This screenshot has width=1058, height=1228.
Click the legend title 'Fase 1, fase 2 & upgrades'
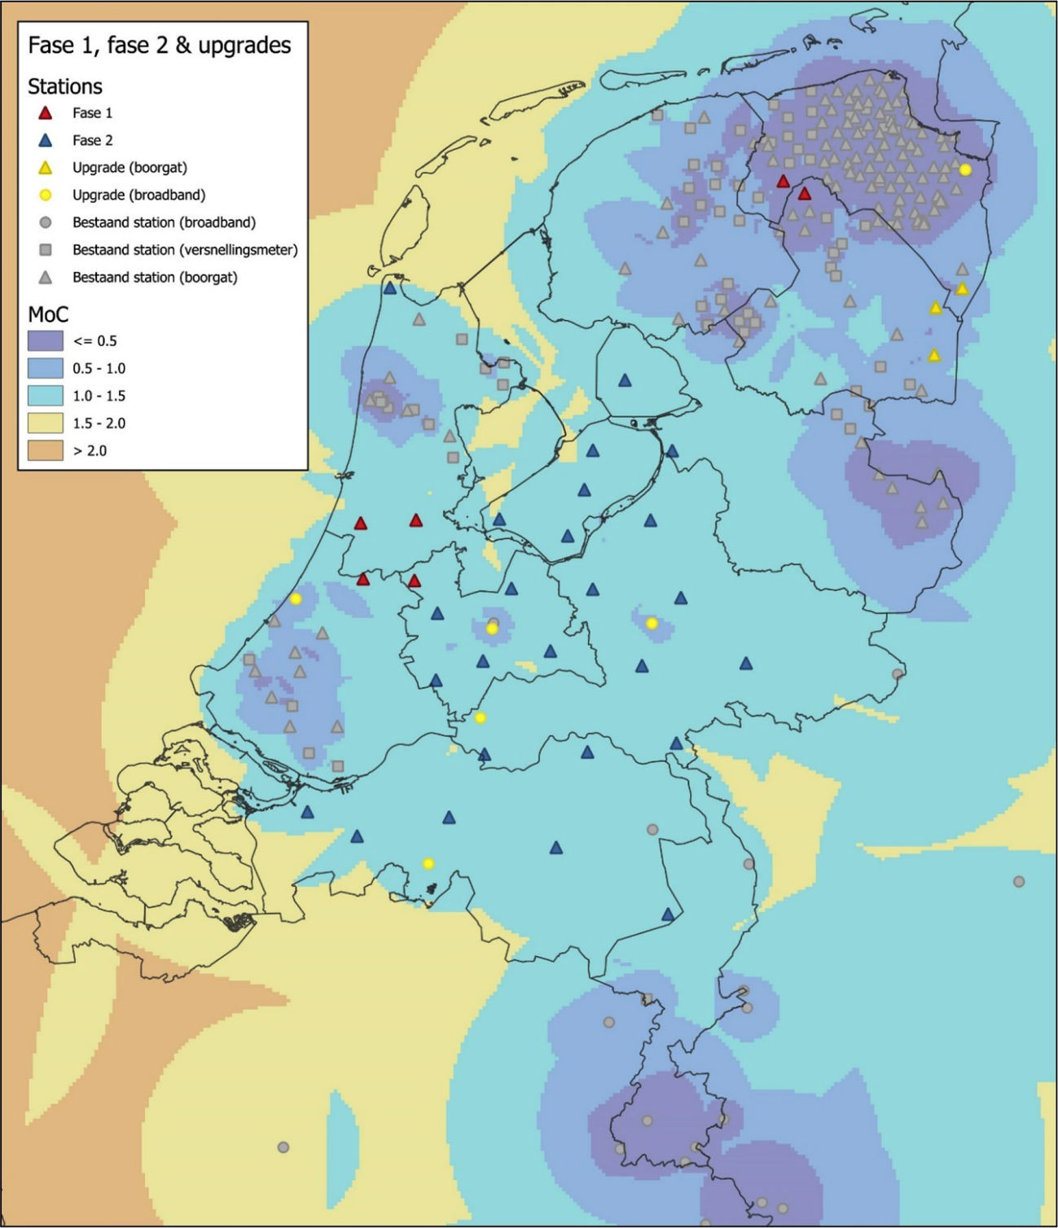coord(159,46)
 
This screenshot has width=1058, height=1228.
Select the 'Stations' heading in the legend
coord(65,86)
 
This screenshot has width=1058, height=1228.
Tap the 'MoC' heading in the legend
coord(48,314)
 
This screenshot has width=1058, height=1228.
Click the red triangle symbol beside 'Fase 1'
coord(46,113)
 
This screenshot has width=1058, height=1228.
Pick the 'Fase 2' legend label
coord(92,140)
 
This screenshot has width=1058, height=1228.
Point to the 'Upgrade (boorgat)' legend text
coord(130,168)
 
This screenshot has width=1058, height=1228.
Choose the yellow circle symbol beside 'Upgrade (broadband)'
coord(46,195)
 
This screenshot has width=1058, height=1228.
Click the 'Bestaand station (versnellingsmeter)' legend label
coord(185,250)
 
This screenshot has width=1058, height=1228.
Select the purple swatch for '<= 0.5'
coord(45,341)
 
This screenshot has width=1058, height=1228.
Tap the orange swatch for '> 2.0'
coord(45,450)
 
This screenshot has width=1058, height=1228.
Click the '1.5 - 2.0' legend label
coord(99,423)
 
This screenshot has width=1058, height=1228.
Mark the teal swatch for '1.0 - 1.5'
coord(45,396)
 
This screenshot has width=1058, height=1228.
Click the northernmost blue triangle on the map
coord(390,288)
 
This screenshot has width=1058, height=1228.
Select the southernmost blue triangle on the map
coord(668,914)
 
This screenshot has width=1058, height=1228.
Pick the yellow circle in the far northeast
coord(965,170)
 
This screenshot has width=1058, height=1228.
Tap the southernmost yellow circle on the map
coord(428,864)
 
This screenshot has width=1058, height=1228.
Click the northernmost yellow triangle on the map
coord(962,289)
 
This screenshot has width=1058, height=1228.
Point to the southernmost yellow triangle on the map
coord(934,356)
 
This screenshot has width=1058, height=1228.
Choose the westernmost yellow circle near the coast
coord(296,599)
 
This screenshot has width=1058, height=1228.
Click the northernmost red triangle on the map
coord(783,182)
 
